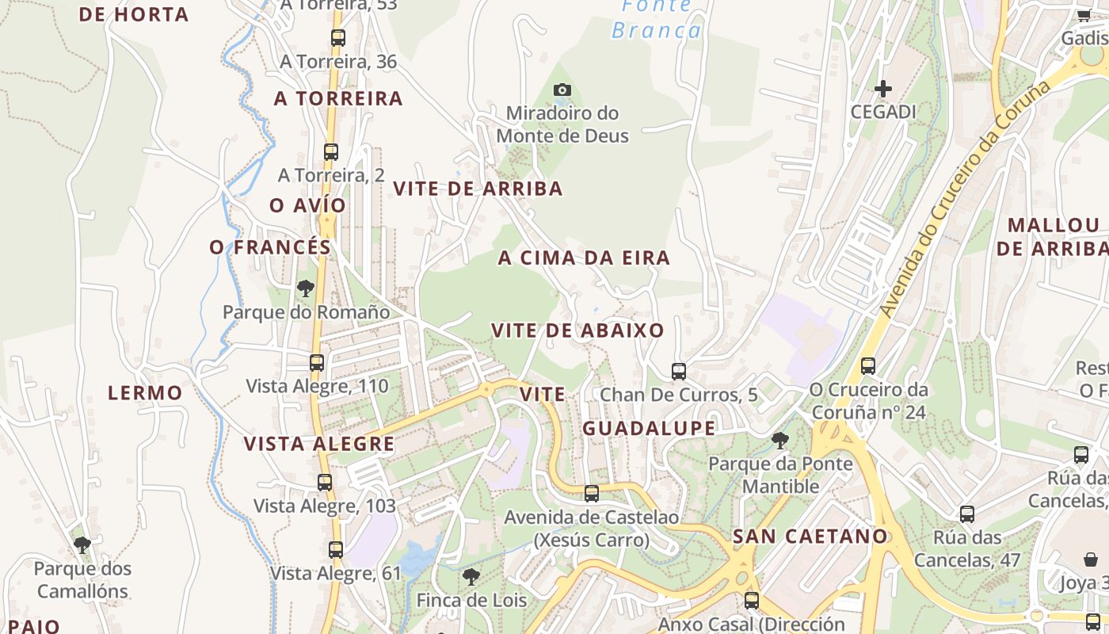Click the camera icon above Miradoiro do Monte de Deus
[562, 90]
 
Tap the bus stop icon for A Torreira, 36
[338, 37]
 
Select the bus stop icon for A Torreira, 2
[331, 151]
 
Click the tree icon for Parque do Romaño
[306, 288]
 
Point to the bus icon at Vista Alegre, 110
[317, 362]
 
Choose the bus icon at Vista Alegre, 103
[325, 482]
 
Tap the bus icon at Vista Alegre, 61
[336, 549]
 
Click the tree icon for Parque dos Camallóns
[82, 544]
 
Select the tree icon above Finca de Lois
[471, 576]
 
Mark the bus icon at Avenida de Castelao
[592, 494]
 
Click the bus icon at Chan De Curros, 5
[679, 371]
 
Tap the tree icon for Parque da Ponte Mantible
[780, 440]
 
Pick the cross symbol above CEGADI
[883, 89]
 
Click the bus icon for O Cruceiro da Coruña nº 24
[868, 365]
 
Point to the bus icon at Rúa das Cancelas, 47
[967, 514]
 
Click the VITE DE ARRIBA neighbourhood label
[478, 189]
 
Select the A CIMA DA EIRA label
[584, 258]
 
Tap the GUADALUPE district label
[649, 429]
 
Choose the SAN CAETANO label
[810, 536]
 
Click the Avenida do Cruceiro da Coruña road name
[966, 198]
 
